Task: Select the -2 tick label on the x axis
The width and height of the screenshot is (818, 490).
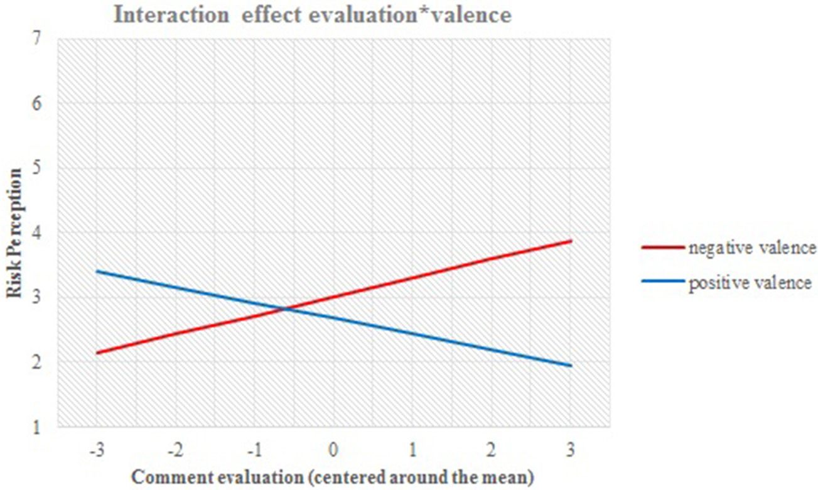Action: [175, 450]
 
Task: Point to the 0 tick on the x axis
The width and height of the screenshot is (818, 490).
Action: [333, 450]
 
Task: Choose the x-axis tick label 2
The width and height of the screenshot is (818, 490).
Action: [492, 450]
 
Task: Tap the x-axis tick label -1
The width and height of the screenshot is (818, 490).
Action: [254, 450]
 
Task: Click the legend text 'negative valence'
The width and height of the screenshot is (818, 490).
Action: [752, 248]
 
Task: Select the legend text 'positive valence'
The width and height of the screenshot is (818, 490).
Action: [750, 283]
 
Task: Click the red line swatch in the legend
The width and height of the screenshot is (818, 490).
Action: [663, 248]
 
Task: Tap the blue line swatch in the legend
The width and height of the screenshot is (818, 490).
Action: [663, 283]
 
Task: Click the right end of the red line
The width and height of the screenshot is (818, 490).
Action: [571, 241]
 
